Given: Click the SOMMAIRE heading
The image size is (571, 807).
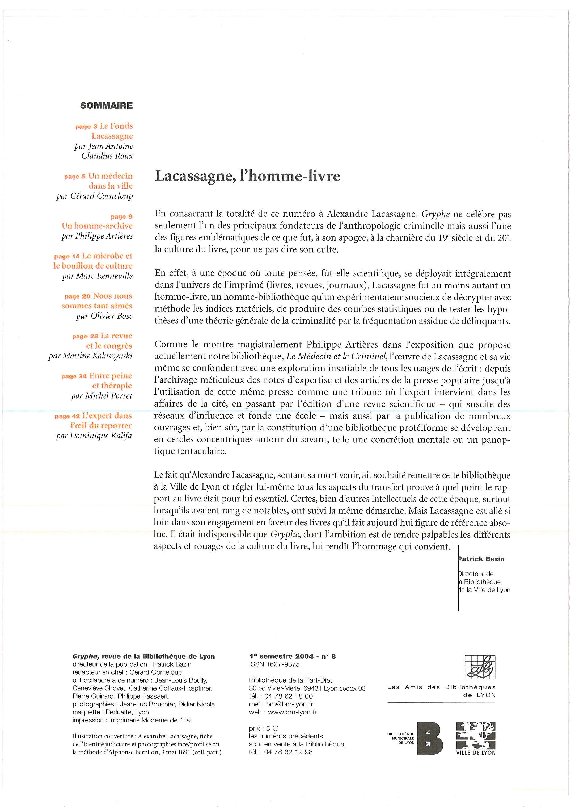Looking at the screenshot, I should (106, 106).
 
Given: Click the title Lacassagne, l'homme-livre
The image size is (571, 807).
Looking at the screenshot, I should (248, 176).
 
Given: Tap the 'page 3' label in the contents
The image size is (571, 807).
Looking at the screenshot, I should (86, 127).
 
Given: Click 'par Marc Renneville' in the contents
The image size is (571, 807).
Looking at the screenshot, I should (98, 276).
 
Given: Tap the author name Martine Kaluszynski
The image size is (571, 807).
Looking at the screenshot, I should (98, 356).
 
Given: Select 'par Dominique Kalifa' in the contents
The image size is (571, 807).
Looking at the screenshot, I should (94, 436).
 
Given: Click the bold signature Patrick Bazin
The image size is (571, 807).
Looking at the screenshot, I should (481, 559).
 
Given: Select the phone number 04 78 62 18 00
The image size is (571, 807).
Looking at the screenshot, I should (288, 696).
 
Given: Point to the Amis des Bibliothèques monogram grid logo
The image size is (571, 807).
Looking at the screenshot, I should (480, 667).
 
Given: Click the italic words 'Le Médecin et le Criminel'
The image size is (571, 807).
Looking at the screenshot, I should (336, 356).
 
